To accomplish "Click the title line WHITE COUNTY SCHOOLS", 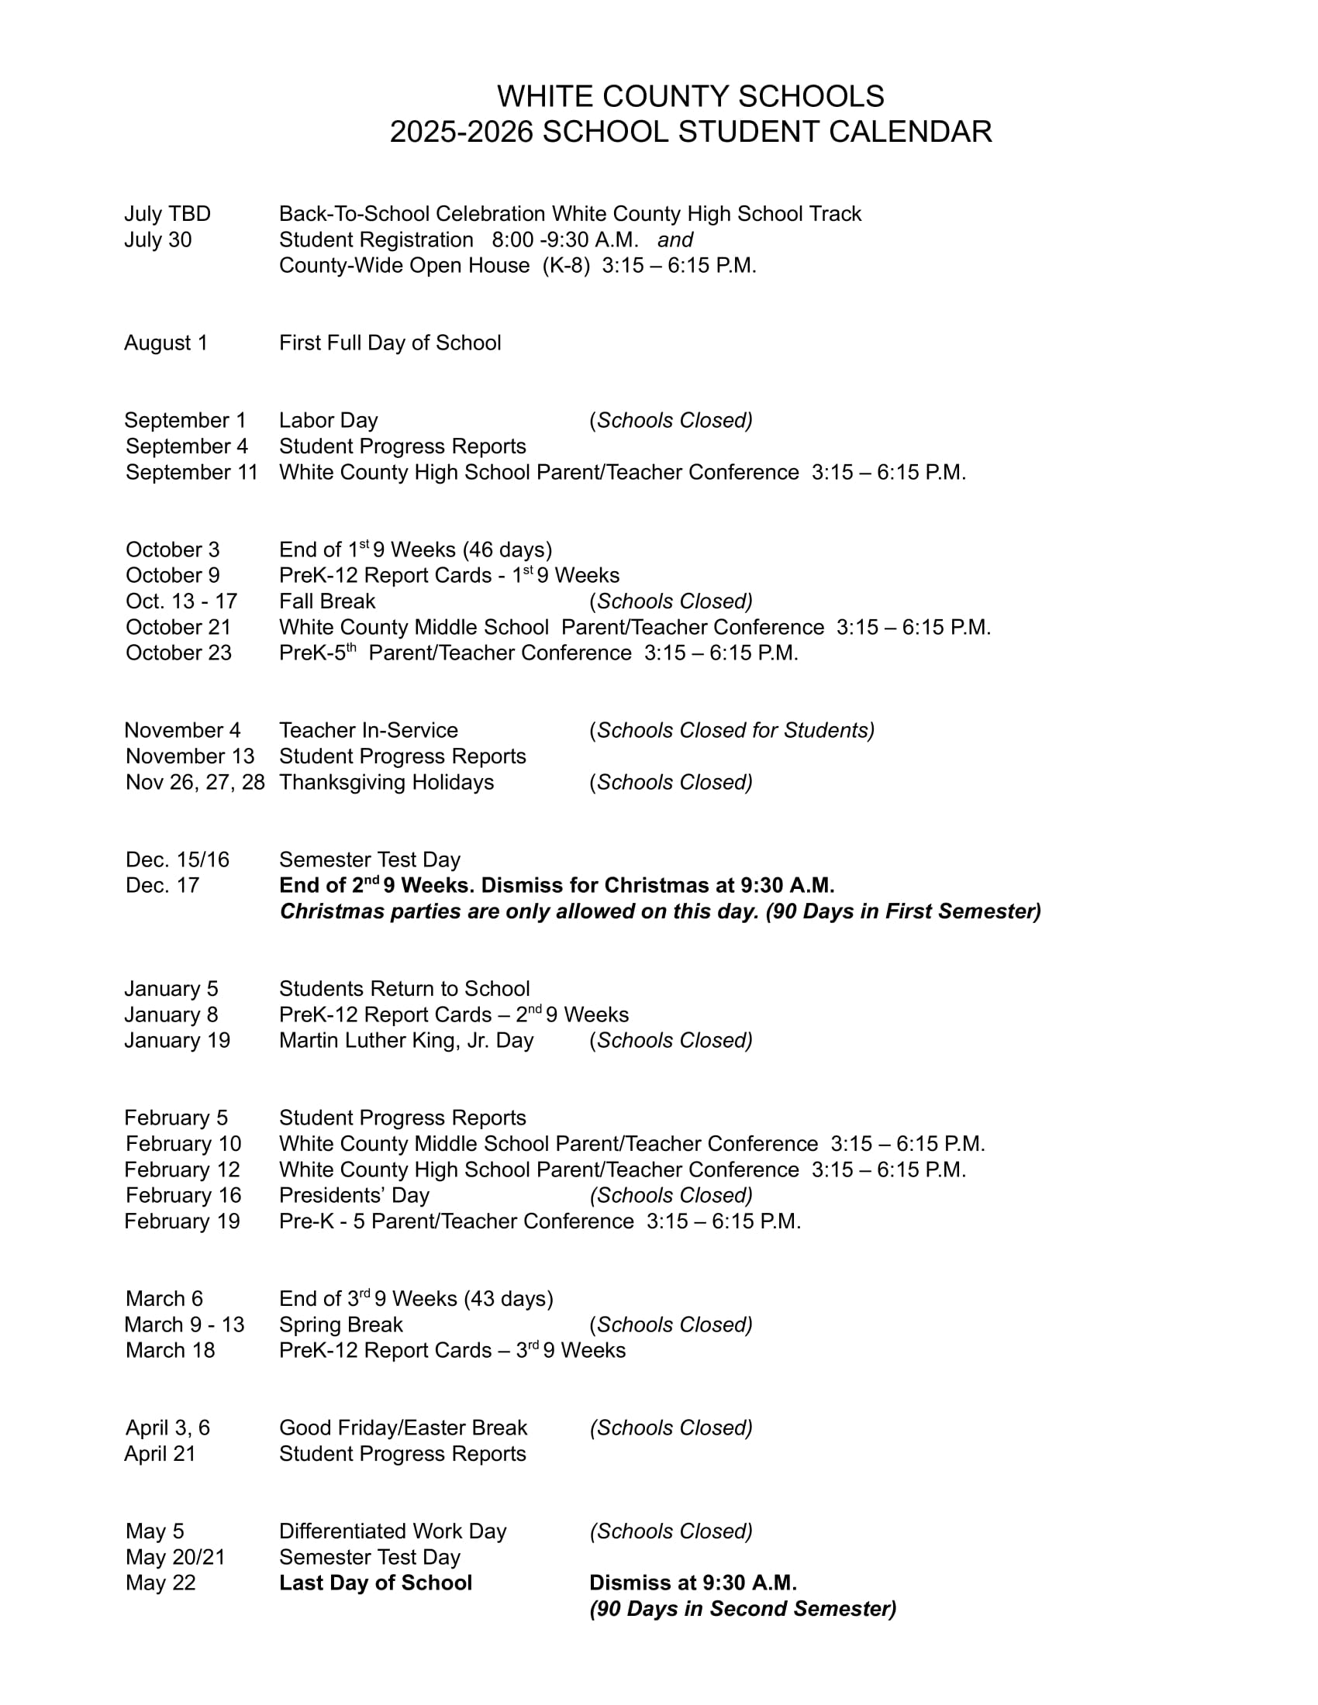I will [690, 97].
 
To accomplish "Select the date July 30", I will [157, 239].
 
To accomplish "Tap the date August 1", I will [166, 343].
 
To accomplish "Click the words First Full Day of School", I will [390, 343].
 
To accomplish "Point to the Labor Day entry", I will [328, 420].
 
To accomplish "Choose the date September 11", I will [191, 472].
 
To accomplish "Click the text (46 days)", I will [507, 549].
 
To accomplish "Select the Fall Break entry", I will [327, 601].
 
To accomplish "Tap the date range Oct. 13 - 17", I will [181, 601].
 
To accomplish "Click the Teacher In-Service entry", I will [368, 730].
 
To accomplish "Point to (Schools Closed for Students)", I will [732, 730].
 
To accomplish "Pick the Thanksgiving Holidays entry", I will [387, 781].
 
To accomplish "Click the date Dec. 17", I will [162, 885].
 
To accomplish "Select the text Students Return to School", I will [405, 988].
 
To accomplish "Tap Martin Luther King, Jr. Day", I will [406, 1040].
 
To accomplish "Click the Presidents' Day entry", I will [354, 1195].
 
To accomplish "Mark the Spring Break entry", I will [340, 1324].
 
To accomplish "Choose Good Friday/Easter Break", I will [403, 1428].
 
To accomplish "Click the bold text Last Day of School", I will [375, 1583].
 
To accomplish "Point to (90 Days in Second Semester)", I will [743, 1608].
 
